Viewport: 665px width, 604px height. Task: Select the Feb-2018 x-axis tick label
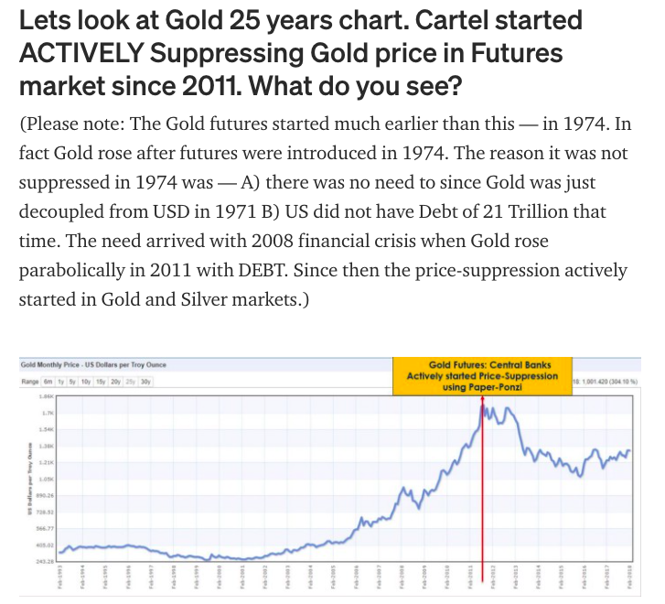(630, 578)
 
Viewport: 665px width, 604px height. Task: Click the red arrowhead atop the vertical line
(482, 401)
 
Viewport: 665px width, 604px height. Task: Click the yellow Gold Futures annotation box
(481, 375)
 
